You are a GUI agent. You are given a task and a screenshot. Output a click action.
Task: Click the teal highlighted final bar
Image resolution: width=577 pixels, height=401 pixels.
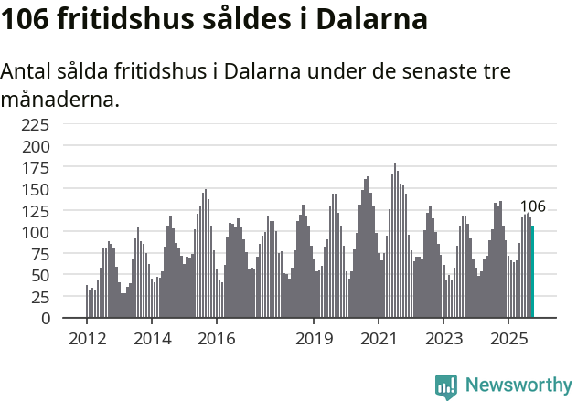point(532,272)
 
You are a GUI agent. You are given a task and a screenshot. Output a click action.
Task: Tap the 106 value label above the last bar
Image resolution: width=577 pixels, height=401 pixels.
point(532,206)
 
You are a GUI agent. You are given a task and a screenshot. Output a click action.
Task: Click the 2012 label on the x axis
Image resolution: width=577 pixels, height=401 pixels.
point(87,339)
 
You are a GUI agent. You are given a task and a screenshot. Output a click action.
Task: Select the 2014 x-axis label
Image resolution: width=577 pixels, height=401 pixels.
point(152,339)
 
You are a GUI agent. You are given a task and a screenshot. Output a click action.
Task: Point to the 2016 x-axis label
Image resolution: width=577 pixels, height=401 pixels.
point(217,339)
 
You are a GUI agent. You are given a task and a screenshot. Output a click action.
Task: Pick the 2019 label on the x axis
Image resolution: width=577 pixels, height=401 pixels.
point(314,339)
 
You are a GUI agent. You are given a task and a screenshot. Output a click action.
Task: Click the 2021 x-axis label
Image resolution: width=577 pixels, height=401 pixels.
point(379,339)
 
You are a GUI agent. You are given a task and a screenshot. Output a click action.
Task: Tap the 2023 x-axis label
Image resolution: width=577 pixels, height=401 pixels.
point(443,339)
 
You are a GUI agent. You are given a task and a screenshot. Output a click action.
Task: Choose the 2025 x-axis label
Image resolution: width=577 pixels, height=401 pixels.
point(508,339)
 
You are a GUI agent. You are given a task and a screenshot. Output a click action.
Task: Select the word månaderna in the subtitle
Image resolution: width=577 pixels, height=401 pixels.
point(60,100)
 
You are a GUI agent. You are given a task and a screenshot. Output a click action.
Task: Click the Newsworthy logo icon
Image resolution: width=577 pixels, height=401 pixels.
point(446,385)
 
